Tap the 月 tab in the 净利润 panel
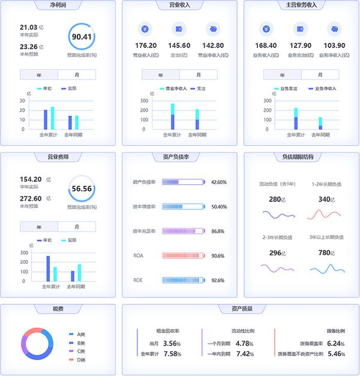coord(77,75)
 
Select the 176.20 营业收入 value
coord(146,46)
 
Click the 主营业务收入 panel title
coord(301,5)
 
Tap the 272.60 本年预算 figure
coord(31,198)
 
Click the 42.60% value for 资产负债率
coord(219,182)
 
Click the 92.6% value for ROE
coord(218,280)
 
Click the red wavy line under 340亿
coord(328,214)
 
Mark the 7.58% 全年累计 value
coord(172,354)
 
